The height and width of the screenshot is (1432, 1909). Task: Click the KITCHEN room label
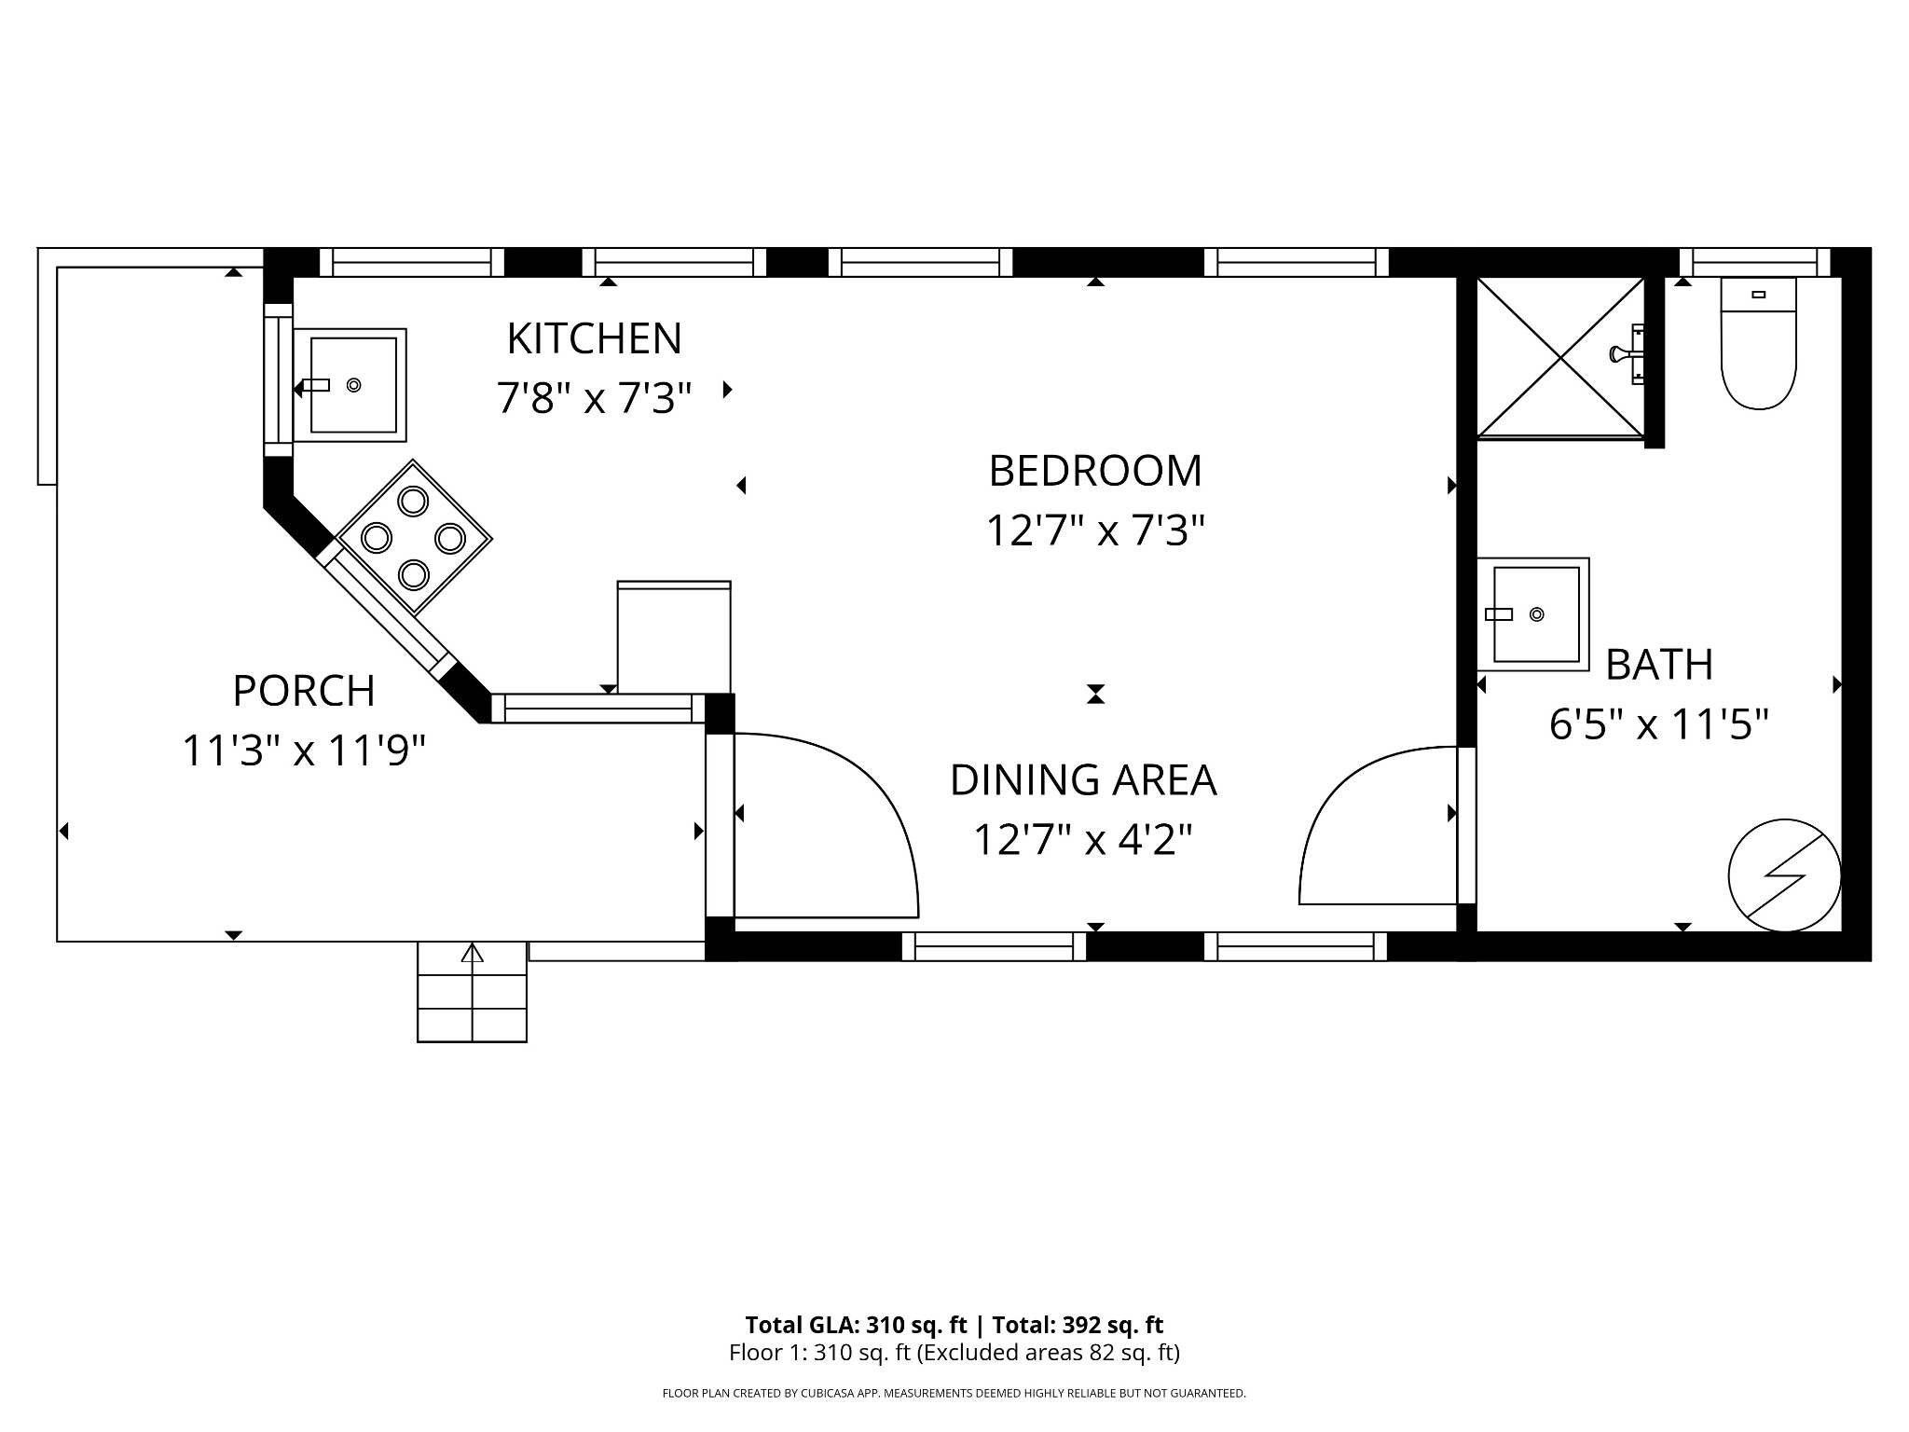coord(594,338)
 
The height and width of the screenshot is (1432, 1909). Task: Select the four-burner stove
coord(413,538)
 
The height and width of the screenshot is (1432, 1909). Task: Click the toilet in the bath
coord(1758,345)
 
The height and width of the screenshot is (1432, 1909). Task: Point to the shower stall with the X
coord(1560,357)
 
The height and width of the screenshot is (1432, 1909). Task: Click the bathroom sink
coord(1534,614)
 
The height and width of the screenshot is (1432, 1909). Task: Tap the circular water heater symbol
coord(1784,874)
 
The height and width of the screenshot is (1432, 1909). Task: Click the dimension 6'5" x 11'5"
coord(1658,724)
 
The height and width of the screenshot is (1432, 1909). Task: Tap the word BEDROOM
coord(1095,471)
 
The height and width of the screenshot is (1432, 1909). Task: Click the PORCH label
coord(304,691)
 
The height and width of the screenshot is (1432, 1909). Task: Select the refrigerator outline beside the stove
coord(674,638)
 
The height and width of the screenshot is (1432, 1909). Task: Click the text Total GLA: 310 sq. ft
coord(856,1325)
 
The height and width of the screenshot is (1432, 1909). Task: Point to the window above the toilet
coord(1754,263)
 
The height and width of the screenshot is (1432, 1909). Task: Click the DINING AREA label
coord(1083,780)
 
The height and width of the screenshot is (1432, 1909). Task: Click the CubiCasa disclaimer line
coord(954,1394)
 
